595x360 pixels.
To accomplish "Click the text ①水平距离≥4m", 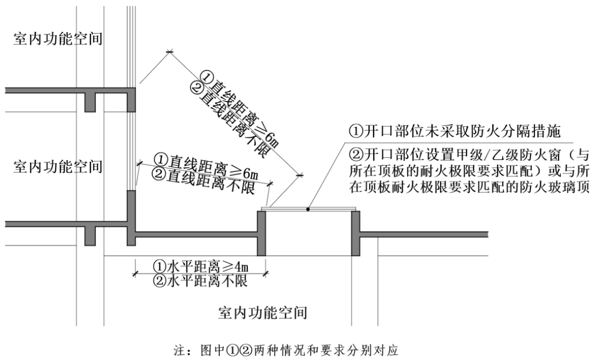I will point(201,265).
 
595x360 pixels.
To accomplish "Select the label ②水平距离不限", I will point(201,279).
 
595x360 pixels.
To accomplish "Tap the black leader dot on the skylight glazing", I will point(308,209).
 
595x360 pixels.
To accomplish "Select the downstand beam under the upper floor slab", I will point(90,101).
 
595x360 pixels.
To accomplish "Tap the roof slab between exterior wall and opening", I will point(197,234).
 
